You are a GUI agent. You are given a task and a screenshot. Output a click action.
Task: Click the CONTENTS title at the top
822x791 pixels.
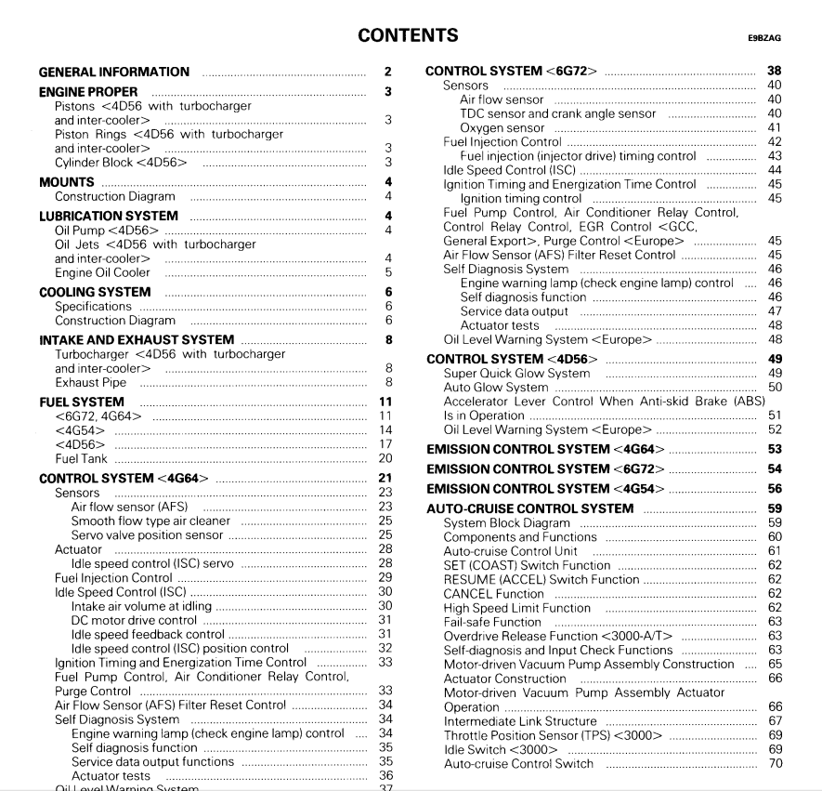tap(408, 35)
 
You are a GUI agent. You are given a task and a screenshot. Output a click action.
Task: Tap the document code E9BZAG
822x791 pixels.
tap(763, 38)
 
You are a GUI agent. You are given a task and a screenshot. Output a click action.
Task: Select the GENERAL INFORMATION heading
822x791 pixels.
tap(114, 72)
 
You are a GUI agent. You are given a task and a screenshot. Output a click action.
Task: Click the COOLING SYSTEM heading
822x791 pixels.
tap(95, 292)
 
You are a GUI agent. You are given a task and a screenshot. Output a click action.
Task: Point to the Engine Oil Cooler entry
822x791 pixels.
tap(102, 272)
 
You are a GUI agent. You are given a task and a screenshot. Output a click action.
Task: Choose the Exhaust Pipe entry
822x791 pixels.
tap(90, 382)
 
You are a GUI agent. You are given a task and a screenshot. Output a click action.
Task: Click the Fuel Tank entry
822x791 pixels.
tap(81, 458)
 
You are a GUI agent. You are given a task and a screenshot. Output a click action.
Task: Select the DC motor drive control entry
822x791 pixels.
tap(135, 620)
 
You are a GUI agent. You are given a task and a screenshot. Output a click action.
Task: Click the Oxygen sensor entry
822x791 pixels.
tap(502, 127)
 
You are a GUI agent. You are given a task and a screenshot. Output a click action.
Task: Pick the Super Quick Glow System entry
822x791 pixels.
tap(516, 373)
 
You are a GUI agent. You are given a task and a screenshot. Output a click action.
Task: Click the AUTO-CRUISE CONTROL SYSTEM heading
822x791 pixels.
tap(529, 508)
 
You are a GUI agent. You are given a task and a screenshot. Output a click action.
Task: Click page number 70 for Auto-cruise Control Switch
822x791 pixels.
tap(775, 764)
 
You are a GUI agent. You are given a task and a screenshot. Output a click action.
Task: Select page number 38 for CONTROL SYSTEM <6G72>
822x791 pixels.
tap(775, 71)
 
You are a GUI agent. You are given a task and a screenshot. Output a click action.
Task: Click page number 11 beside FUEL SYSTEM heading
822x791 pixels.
tap(386, 402)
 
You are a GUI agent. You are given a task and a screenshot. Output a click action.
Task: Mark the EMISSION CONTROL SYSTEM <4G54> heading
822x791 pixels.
tap(545, 489)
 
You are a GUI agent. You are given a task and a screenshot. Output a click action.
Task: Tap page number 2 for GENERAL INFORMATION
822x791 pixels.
tap(387, 72)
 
